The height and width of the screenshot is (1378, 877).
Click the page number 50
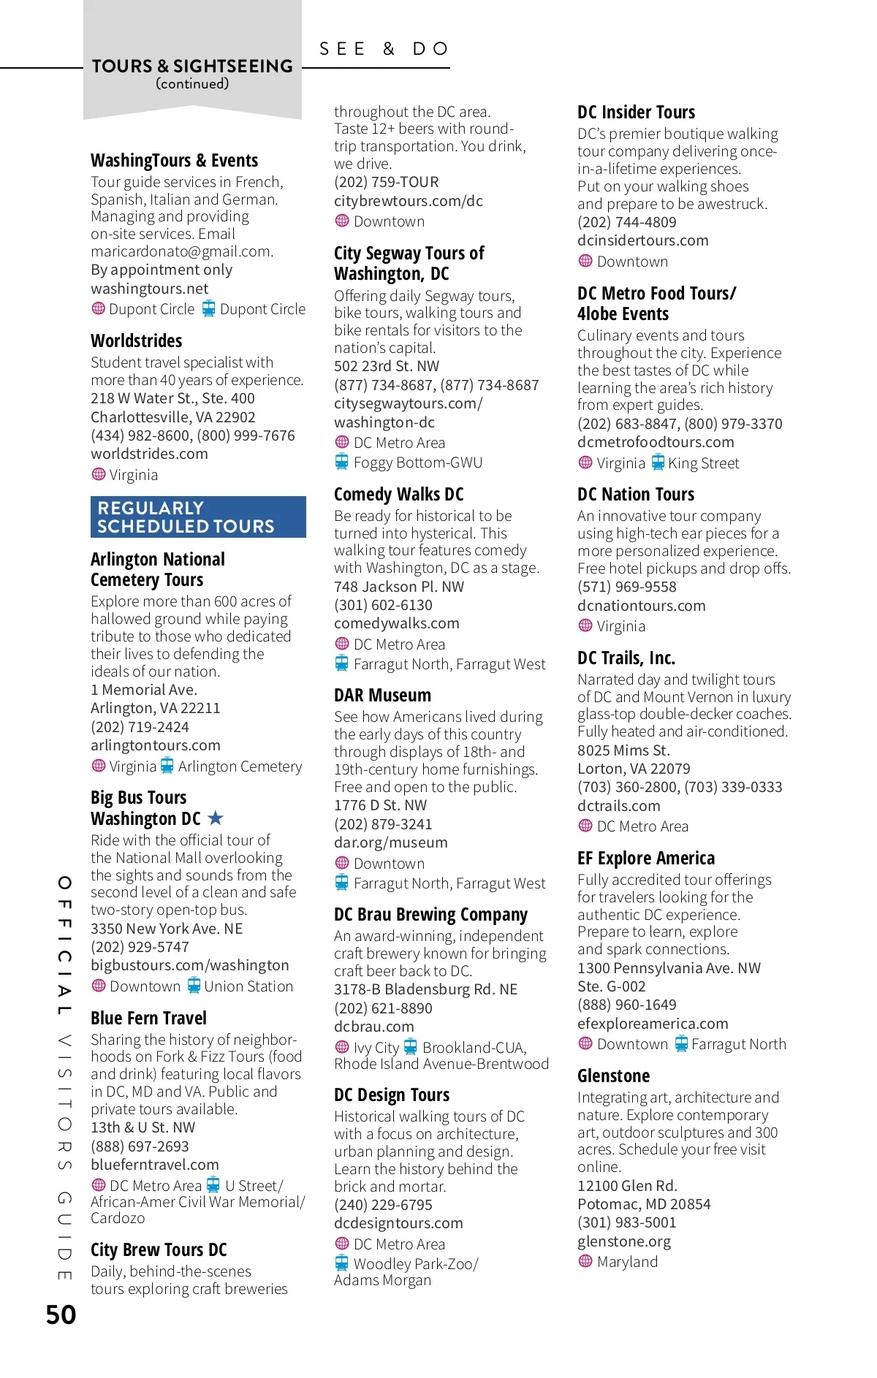click(61, 1314)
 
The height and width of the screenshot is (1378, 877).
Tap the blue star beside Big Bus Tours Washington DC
click(215, 818)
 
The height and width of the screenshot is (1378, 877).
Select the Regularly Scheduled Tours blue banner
click(198, 517)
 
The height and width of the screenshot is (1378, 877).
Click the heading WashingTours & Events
click(174, 161)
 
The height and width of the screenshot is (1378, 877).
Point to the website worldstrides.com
click(149, 454)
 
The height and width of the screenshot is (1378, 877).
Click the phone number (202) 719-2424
click(140, 727)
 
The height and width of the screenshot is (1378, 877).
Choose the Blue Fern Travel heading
click(148, 1018)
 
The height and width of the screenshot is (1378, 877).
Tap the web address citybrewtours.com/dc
click(408, 201)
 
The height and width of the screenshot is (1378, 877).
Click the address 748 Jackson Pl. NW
click(398, 587)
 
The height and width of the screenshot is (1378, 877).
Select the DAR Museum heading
click(382, 696)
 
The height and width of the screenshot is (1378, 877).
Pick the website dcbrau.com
click(373, 1027)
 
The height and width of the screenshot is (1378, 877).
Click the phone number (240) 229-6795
click(383, 1205)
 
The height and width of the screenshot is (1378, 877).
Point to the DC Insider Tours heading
click(636, 113)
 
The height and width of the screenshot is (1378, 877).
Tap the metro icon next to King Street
click(658, 462)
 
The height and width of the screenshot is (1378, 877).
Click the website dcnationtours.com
click(641, 606)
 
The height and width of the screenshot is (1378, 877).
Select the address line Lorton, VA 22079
click(633, 769)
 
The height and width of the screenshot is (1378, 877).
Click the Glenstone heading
click(613, 1076)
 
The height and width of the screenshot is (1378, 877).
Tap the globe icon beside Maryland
click(585, 1261)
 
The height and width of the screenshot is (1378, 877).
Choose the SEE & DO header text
click(384, 49)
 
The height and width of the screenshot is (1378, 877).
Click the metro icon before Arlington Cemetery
click(167, 766)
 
